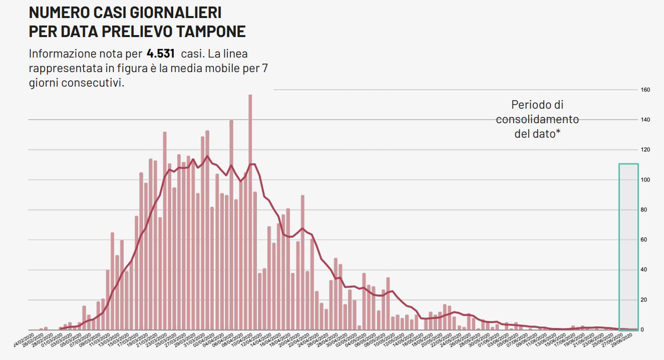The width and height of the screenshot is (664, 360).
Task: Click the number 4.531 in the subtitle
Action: pos(160,54)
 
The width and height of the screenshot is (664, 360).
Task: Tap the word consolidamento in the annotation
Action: pos(537,120)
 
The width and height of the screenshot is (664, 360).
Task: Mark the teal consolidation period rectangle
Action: pos(628,245)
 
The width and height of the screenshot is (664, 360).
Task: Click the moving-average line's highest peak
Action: pos(207,156)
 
